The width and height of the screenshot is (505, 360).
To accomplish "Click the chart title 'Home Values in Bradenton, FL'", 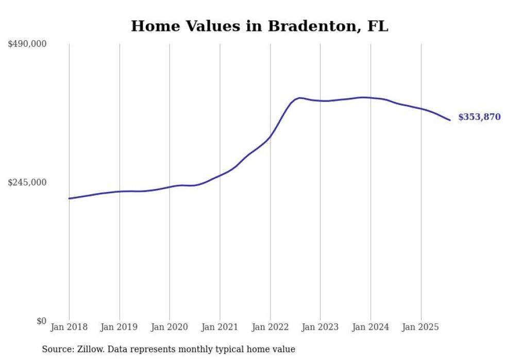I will (x=259, y=26).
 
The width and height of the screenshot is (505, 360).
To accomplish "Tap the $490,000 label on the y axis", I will (x=27, y=44).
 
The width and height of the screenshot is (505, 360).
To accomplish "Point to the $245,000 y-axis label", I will (x=27, y=182).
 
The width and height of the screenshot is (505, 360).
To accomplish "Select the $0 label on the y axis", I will (x=41, y=321).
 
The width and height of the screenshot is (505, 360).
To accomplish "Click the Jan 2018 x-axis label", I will (x=69, y=327).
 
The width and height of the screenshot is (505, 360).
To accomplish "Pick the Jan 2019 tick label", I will (x=119, y=327).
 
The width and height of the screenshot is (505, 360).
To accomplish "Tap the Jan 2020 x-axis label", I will (x=170, y=327).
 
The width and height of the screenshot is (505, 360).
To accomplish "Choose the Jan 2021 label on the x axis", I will (x=220, y=327).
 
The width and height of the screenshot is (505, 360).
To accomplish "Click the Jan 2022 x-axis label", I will (x=270, y=327).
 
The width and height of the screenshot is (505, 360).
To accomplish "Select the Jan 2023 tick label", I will (x=320, y=327).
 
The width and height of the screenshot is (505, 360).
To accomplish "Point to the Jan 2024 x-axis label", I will (x=371, y=327).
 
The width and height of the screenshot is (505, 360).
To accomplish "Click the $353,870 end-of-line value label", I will (x=479, y=117).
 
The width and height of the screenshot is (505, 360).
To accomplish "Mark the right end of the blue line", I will (x=450, y=121).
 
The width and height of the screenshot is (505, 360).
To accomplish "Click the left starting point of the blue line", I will (x=69, y=198).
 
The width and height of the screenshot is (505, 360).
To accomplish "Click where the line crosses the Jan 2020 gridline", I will (x=170, y=187).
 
